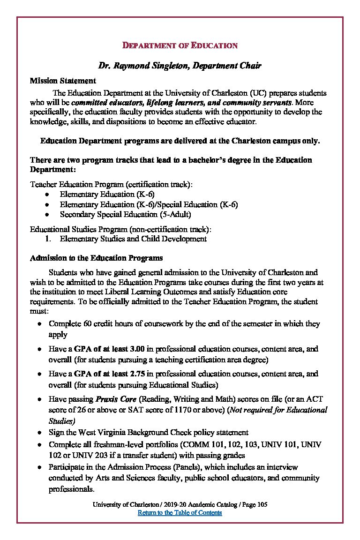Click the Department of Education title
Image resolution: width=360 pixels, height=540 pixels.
(x=180, y=45)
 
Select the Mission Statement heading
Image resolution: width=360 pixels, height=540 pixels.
(x=63, y=81)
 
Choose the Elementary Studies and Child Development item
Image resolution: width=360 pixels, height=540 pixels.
(x=133, y=239)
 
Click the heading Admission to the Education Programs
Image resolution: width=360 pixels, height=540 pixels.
(x=96, y=258)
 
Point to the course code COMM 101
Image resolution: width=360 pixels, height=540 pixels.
(x=200, y=444)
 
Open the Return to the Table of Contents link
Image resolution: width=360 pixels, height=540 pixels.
(x=180, y=512)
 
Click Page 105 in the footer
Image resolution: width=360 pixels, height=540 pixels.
(x=255, y=504)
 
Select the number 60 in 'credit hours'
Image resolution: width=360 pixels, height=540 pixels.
(x=85, y=324)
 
